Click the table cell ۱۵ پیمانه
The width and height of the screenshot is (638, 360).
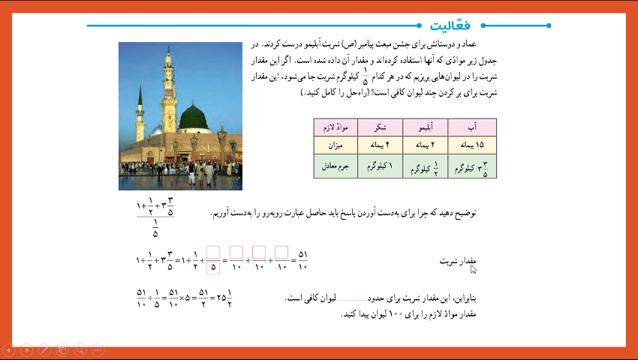tap(471, 143)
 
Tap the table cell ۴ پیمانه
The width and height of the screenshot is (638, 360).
tap(380, 143)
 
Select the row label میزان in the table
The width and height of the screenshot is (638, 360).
tap(335, 143)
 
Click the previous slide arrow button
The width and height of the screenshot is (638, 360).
tap(9, 349)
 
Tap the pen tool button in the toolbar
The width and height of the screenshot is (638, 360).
tap(44, 349)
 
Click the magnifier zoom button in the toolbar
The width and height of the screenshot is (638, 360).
tap(80, 349)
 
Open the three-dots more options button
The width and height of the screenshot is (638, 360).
tap(97, 349)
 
